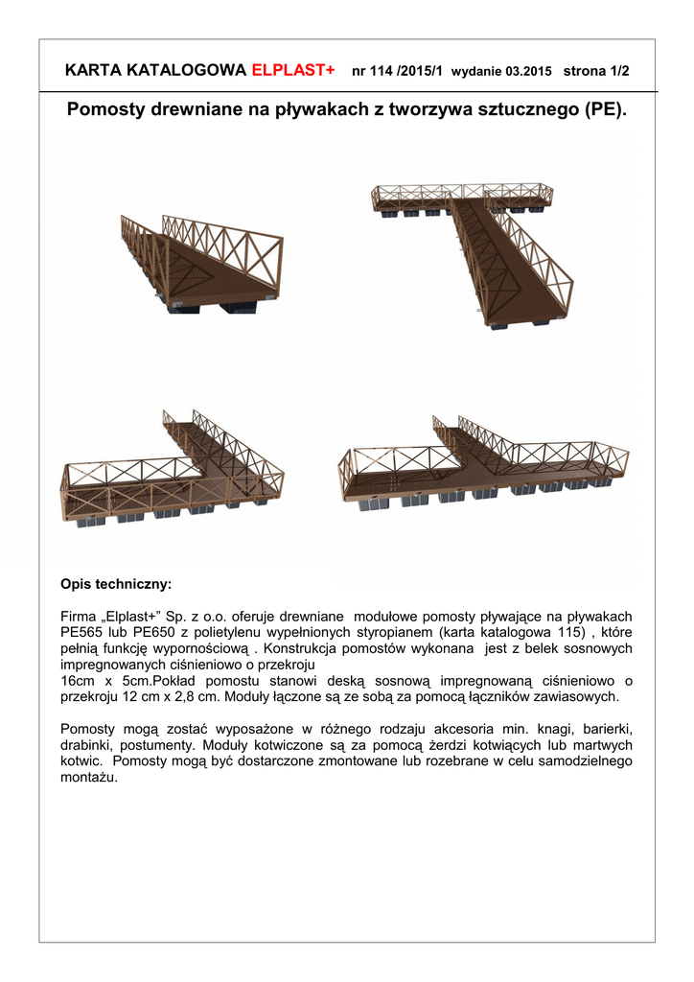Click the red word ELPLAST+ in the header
292,71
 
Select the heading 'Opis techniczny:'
116,583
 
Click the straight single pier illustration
206,265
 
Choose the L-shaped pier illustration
177,470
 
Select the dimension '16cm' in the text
78,680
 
